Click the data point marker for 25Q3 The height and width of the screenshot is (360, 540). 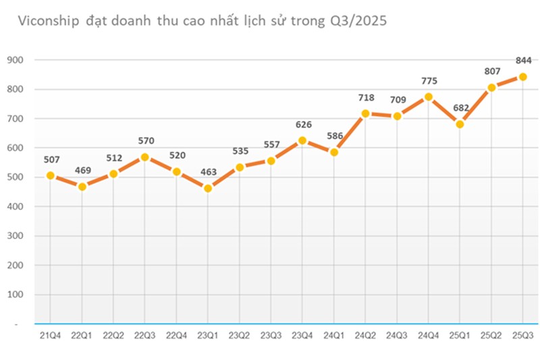[522, 76]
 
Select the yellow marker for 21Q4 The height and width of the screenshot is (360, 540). [50, 176]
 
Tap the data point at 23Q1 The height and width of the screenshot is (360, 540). [208, 188]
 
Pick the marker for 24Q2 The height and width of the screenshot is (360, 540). [365, 113]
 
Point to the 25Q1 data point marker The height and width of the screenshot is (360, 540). [460, 124]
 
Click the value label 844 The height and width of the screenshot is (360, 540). [523, 60]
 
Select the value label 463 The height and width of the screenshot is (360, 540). [208, 172]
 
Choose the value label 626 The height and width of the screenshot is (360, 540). [302, 124]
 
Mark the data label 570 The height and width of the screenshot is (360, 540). [145, 140]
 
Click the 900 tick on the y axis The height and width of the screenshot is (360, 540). [15, 60]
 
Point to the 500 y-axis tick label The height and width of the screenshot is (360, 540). [15, 178]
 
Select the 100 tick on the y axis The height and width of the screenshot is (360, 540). [15, 295]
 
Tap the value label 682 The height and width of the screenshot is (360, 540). [460, 108]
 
